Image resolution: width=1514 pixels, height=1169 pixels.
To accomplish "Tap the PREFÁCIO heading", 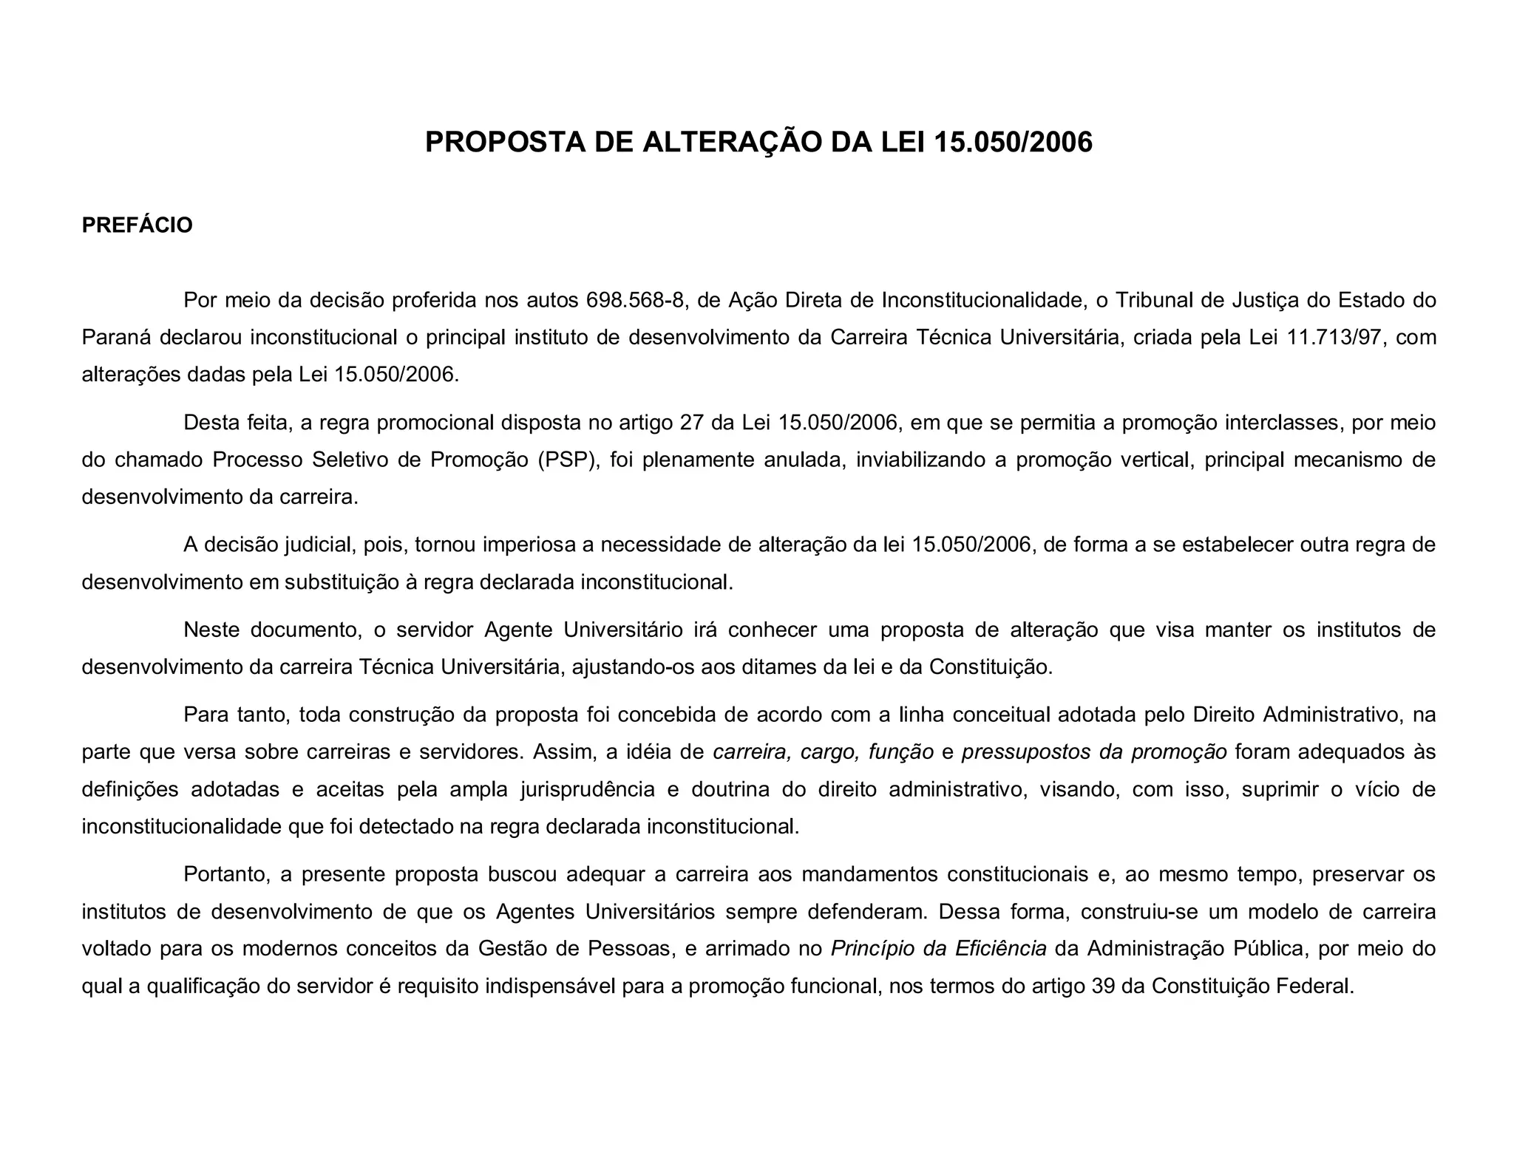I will pyautogui.click(x=137, y=225).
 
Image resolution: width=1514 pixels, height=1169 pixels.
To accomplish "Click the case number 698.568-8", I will pyautogui.click(x=634, y=300).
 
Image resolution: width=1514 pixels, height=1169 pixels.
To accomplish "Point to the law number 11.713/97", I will pyautogui.click(x=1329, y=337).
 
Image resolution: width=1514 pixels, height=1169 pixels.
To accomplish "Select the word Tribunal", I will pyautogui.click(x=1155, y=300).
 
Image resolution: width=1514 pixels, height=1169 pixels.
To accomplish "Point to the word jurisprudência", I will pyautogui.click(x=588, y=789).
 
